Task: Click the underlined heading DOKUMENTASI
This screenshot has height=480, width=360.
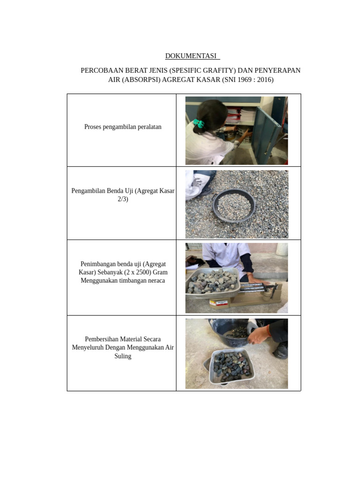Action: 191,56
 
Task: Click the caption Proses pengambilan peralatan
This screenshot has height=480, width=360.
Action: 123,127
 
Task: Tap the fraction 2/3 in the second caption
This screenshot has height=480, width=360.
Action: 123,199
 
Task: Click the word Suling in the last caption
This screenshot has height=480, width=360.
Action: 123,356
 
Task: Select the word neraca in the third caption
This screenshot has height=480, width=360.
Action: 156,280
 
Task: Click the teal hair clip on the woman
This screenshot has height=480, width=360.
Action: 199,123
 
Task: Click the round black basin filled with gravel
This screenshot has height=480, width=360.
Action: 234,205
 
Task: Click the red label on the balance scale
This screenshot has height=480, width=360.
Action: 219,303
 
